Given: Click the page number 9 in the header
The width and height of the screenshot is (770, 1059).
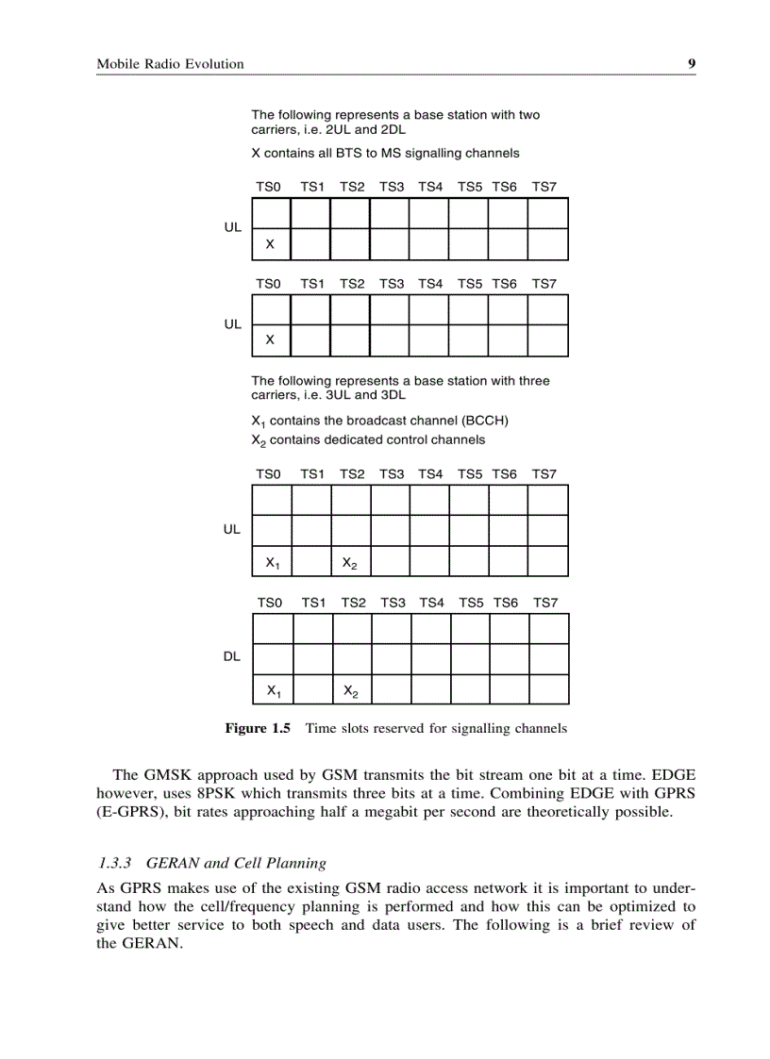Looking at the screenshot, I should [x=692, y=64].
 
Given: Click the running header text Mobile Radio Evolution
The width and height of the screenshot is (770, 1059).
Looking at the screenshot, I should [x=170, y=64].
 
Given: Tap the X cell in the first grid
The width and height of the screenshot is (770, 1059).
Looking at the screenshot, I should [x=271, y=244].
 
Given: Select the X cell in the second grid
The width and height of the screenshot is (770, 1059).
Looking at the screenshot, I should [x=271, y=339].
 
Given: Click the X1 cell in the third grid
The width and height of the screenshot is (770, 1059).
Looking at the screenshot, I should [x=272, y=562].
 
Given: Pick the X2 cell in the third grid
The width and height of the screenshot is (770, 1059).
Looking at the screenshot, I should [x=349, y=562].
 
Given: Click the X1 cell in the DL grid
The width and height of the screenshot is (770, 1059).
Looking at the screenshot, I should [x=273, y=690].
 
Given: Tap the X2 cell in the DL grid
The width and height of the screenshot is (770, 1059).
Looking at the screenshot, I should [x=350, y=690].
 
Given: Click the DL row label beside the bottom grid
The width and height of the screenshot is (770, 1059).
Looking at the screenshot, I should [x=232, y=657].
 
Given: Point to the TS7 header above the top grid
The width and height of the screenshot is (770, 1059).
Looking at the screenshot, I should [x=544, y=188].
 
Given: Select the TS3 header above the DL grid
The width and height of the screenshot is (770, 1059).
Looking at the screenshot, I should [x=393, y=603].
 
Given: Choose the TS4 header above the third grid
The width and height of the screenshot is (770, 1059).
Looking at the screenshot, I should [x=431, y=474].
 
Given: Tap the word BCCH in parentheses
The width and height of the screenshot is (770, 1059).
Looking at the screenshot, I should [x=487, y=421].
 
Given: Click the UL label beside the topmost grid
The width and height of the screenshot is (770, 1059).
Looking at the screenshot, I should [x=232, y=228].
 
